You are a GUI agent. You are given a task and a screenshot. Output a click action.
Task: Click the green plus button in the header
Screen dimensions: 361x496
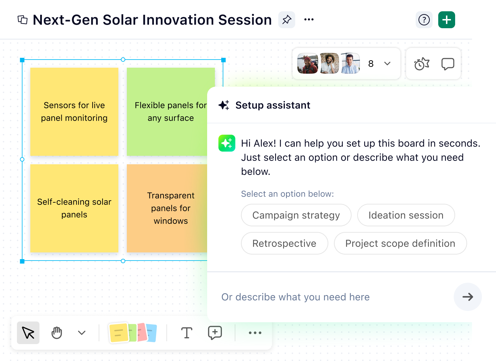click(x=446, y=20)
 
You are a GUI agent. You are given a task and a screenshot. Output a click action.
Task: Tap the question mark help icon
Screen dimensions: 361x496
click(x=424, y=20)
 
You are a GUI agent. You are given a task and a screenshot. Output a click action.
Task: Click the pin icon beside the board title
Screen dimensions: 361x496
click(x=287, y=20)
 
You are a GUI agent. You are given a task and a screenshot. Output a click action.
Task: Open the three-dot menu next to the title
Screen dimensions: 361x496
click(x=309, y=20)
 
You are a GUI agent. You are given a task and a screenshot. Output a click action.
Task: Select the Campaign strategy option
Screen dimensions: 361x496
click(x=296, y=215)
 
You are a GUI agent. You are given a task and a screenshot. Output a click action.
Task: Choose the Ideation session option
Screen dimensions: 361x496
click(x=406, y=215)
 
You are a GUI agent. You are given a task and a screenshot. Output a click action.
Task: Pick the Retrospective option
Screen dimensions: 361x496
click(x=284, y=243)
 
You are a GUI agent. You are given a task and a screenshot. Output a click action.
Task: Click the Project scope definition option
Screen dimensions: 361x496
click(x=400, y=243)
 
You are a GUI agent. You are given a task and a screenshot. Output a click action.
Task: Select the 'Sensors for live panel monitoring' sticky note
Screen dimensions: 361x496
click(x=74, y=112)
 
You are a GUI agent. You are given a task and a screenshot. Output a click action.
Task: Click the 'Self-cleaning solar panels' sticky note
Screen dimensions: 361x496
click(x=74, y=208)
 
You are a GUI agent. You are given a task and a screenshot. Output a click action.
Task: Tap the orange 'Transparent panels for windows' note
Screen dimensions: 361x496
click(x=167, y=208)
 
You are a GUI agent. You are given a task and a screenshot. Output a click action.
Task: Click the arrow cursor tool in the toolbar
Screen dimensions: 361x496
click(x=28, y=333)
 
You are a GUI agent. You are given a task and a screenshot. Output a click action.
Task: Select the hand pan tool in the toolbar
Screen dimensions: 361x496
click(x=57, y=333)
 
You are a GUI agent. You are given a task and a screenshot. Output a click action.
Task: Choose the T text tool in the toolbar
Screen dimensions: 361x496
click(x=186, y=333)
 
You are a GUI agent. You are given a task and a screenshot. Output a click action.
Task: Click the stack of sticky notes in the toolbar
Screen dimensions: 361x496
click(x=133, y=333)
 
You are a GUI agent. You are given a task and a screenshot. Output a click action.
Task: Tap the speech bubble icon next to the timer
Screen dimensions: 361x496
click(x=447, y=64)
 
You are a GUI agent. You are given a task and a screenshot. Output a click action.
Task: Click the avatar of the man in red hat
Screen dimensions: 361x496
click(x=308, y=63)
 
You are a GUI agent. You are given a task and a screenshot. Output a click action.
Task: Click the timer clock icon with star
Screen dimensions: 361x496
click(x=421, y=64)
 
